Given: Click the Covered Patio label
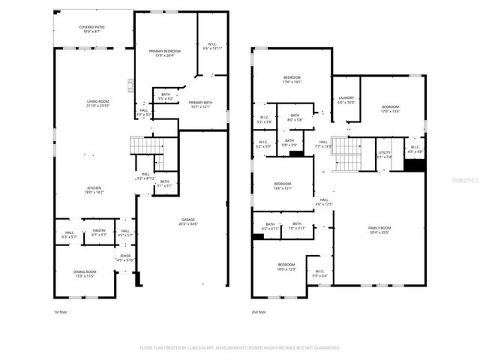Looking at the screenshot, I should [x=92, y=28].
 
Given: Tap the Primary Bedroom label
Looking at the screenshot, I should [x=164, y=50].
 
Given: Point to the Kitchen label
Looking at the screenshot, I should [x=94, y=188].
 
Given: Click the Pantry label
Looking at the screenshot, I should [x=99, y=231].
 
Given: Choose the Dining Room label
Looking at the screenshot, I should [x=85, y=271].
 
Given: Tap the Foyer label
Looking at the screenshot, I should [x=125, y=256].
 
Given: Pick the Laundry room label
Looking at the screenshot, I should [x=346, y=98].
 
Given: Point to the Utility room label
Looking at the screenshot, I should [x=384, y=153].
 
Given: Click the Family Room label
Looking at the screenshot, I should [x=379, y=228].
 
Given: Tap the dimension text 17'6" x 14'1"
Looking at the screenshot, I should [x=292, y=82].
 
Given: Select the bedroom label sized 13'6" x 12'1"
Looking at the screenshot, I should [x=282, y=184].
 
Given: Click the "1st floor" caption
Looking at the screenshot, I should [x=61, y=311].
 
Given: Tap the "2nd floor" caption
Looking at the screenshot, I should [x=259, y=311].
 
